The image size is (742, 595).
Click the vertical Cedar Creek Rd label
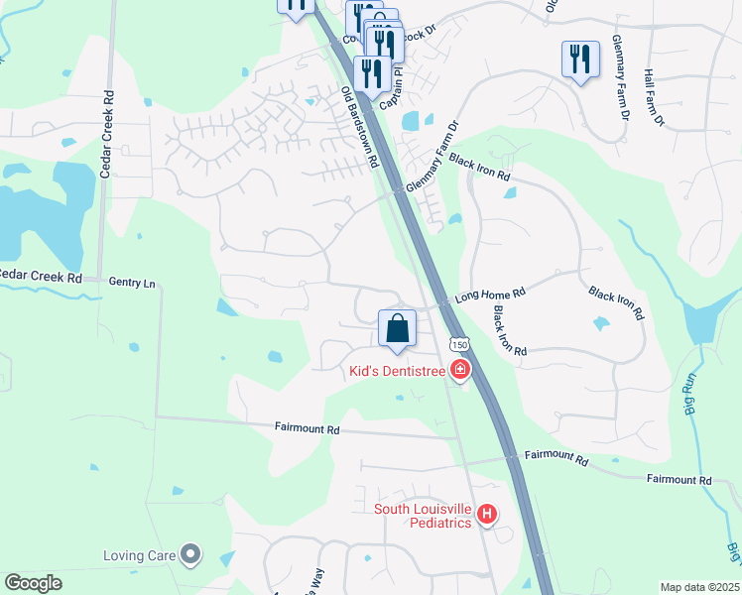click(x=104, y=135)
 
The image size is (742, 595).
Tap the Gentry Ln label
click(x=132, y=284)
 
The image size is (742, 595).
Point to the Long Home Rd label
click(x=487, y=295)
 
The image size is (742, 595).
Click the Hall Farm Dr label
click(x=654, y=97)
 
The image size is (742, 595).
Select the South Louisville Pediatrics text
click(x=422, y=516)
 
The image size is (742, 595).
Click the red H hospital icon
click(x=487, y=515)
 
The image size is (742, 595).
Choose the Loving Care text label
click(x=139, y=554)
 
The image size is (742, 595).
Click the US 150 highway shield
click(x=456, y=344)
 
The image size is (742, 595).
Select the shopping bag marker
click(x=397, y=328)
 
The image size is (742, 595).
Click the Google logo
click(x=34, y=582)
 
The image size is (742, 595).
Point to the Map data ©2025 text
click(x=698, y=587)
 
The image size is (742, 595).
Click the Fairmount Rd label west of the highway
click(x=307, y=429)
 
